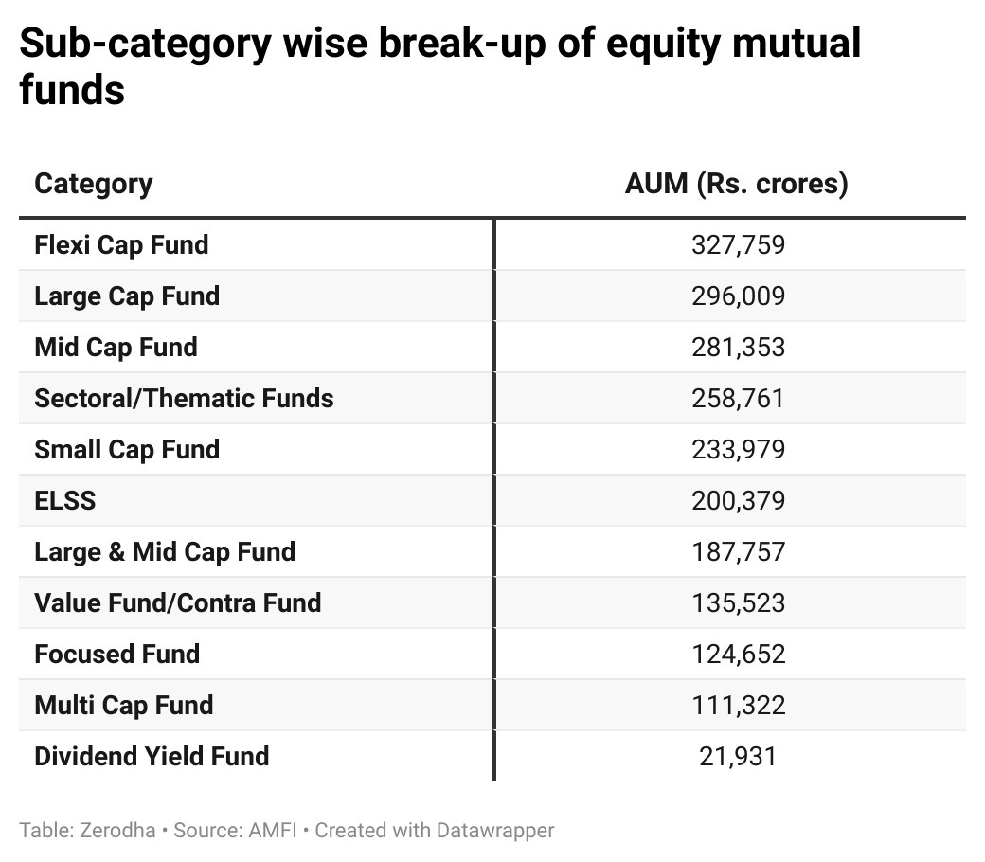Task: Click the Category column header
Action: click(x=93, y=183)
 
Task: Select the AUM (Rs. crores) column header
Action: click(x=736, y=183)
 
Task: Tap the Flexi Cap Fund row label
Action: click(x=121, y=245)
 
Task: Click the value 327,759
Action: click(x=738, y=245)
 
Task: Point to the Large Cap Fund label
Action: click(x=127, y=296)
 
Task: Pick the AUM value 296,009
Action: click(x=738, y=296)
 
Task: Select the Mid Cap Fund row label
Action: click(x=116, y=348)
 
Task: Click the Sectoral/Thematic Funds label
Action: click(x=184, y=399)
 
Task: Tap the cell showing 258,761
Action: click(x=738, y=399)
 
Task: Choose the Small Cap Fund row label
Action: click(x=127, y=450)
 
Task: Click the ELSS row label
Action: click(x=64, y=501)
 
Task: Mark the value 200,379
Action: click(x=738, y=501)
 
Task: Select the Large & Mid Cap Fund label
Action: click(x=165, y=552)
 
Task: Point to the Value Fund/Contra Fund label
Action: click(x=177, y=603)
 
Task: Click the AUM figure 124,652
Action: click(x=738, y=655)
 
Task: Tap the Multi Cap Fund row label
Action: click(x=123, y=706)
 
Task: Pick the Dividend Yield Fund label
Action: click(x=152, y=757)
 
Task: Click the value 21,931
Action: click(x=738, y=757)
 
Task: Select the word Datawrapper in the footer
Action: click(x=495, y=831)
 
